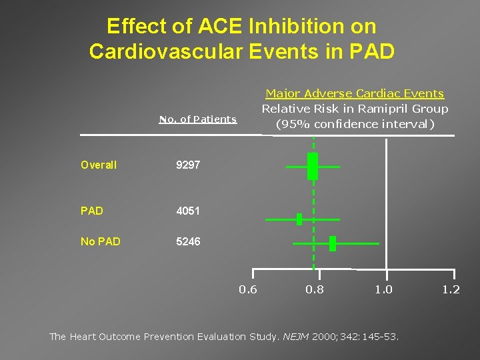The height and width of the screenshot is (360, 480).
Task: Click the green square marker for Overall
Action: (x=313, y=166)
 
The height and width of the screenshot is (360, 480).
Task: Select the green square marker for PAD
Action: (x=299, y=219)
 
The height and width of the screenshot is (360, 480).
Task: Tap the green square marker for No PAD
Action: (x=333, y=243)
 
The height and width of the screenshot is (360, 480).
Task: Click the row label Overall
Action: (x=99, y=165)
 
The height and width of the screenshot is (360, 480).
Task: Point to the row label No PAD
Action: (x=101, y=241)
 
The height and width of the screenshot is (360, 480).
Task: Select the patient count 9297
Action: (x=188, y=165)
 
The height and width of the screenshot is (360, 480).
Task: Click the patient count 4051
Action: (x=188, y=211)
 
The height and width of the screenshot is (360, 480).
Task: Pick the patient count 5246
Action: (x=188, y=241)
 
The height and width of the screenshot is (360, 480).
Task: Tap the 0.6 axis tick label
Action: (x=248, y=289)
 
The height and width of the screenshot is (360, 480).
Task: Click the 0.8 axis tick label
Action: (x=315, y=289)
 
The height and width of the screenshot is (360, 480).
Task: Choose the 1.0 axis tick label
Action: (x=383, y=289)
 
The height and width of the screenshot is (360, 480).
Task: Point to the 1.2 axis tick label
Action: (x=451, y=289)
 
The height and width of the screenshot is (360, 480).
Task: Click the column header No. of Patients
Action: (x=198, y=119)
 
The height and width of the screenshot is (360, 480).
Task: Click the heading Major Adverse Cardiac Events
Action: (x=355, y=94)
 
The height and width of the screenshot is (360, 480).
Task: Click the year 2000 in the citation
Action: (x=324, y=337)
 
